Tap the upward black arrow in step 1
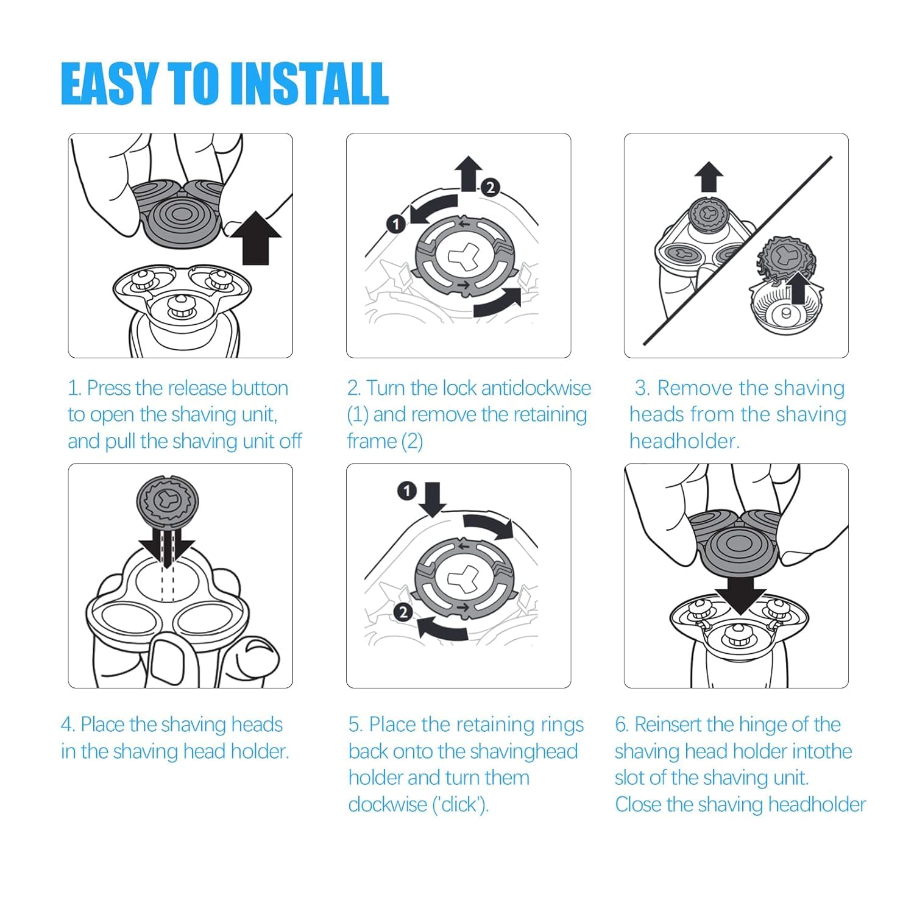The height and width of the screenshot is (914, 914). point(257,238)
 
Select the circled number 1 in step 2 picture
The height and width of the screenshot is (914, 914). point(396,224)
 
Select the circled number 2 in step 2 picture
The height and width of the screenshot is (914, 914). point(491,188)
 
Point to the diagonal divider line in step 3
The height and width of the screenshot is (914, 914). point(737,251)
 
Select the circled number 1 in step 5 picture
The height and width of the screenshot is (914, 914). point(406,491)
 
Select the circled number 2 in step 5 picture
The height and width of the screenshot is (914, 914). point(403,612)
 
